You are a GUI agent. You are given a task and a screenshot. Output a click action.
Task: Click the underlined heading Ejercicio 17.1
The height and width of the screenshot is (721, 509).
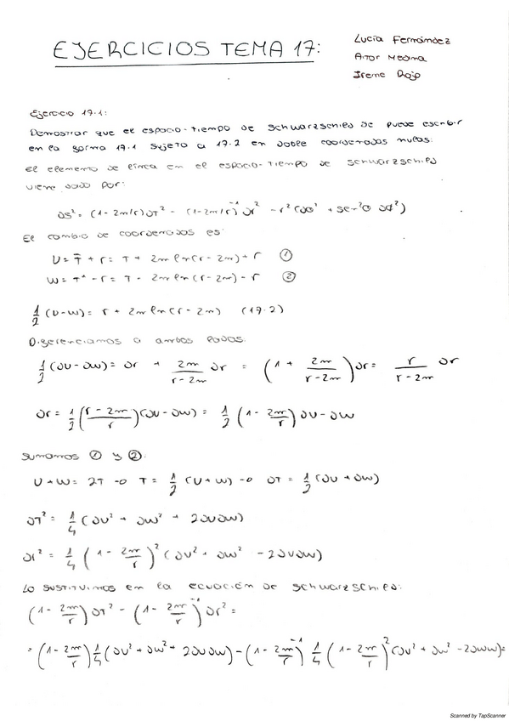[61, 111]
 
